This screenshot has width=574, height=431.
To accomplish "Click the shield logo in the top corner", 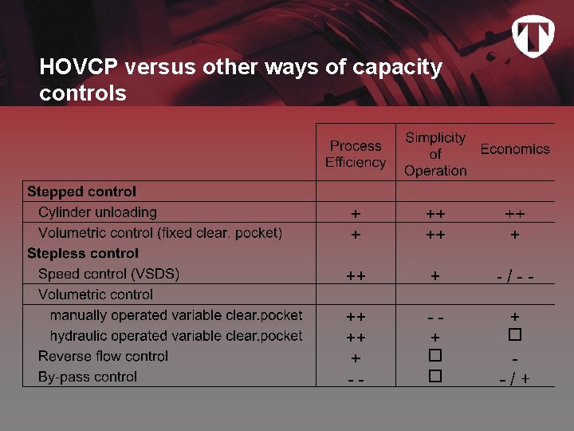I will coord(533,37).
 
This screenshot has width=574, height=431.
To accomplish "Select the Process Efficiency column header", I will coord(356,154).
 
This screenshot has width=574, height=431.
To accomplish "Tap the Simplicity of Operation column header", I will coord(435,154).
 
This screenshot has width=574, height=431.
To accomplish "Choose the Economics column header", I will coord(515,149).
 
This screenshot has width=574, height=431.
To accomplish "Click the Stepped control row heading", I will coord(81,192).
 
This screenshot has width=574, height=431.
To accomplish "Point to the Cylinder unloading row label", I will coord(97,212).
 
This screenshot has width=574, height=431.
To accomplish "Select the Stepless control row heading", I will coord(83,253).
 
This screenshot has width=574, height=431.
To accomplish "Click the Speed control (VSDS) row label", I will coord(108,274).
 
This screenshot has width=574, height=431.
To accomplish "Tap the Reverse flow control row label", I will coord(103,356).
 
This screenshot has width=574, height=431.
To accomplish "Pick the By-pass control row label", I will coord(88,377).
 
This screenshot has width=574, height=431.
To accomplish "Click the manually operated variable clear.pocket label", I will coord(176,315).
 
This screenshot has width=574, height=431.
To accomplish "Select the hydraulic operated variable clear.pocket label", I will coord(176,336).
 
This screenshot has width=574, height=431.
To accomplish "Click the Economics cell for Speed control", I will coord(515,276).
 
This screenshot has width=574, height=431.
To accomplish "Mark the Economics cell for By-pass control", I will coord(515,379).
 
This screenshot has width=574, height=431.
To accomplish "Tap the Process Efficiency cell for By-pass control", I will coord(356,379).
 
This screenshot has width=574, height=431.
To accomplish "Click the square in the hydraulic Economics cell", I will coord(515,335).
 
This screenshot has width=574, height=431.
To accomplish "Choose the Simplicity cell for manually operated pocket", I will coord(435,317).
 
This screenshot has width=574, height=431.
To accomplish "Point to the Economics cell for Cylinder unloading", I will coord(515,214).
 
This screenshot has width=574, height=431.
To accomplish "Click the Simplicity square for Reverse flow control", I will coord(435,355).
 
